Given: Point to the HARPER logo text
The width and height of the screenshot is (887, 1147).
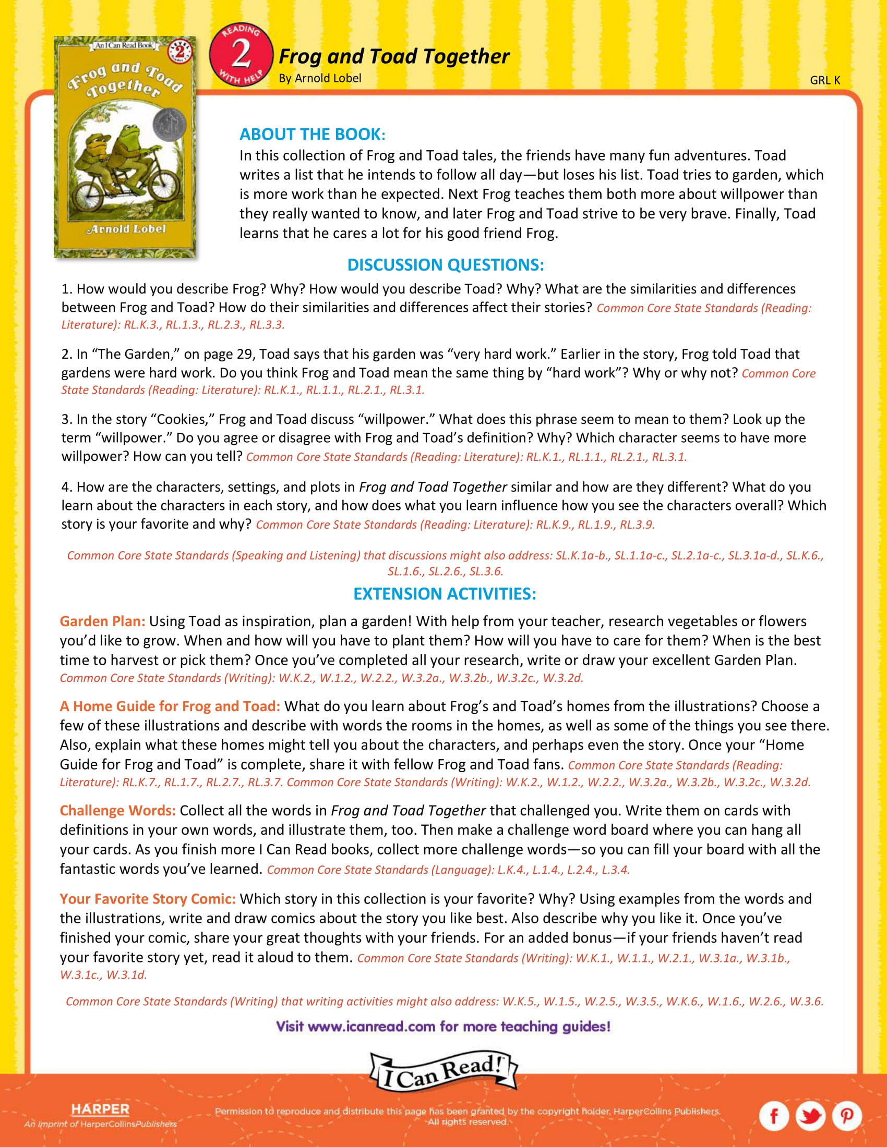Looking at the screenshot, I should point(100,1108).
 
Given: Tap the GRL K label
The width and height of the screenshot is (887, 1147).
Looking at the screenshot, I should point(824,80).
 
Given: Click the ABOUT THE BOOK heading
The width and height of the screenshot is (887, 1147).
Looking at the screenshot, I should point(312,135).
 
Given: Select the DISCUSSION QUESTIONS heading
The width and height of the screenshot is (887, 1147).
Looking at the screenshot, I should point(445,265).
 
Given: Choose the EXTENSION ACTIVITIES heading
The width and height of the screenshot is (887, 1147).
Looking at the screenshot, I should point(445,593).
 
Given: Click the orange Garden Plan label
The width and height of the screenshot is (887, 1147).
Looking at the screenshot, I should point(102,621).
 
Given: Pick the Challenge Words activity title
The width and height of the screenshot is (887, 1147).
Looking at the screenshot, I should point(118,810).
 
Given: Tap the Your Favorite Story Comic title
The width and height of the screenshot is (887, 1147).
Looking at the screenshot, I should point(148,899).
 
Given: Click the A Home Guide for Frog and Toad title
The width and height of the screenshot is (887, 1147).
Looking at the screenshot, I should point(170,706).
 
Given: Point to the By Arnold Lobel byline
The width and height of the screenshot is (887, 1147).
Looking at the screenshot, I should point(319,78).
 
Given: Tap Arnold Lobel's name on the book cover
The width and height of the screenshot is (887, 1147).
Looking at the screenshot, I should point(126,229).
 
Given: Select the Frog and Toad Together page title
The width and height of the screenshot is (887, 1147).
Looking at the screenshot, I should point(393,56).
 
